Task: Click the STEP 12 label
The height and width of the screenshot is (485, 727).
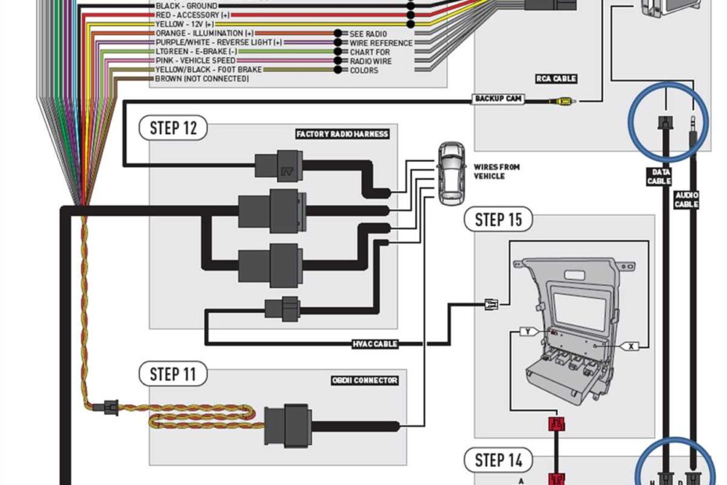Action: (x=173, y=128)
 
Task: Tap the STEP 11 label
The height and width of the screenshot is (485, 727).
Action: (x=173, y=374)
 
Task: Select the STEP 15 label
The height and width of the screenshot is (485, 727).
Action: (x=498, y=219)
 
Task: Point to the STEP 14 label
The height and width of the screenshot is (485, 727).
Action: (x=498, y=460)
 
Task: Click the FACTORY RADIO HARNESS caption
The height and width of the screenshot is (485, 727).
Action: (x=342, y=134)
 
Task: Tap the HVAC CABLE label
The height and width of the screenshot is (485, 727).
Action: (x=375, y=343)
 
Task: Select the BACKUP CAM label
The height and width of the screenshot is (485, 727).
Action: (x=498, y=99)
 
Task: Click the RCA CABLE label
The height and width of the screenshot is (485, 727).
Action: (x=556, y=78)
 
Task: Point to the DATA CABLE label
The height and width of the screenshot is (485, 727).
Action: (x=658, y=177)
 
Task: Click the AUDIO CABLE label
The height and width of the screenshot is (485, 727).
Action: (x=686, y=200)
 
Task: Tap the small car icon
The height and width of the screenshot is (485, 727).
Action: (x=450, y=174)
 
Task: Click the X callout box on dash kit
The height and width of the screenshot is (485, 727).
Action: (x=631, y=344)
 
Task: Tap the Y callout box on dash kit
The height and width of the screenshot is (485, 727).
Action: (x=529, y=332)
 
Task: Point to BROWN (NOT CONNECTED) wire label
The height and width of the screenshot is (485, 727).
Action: (x=202, y=79)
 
